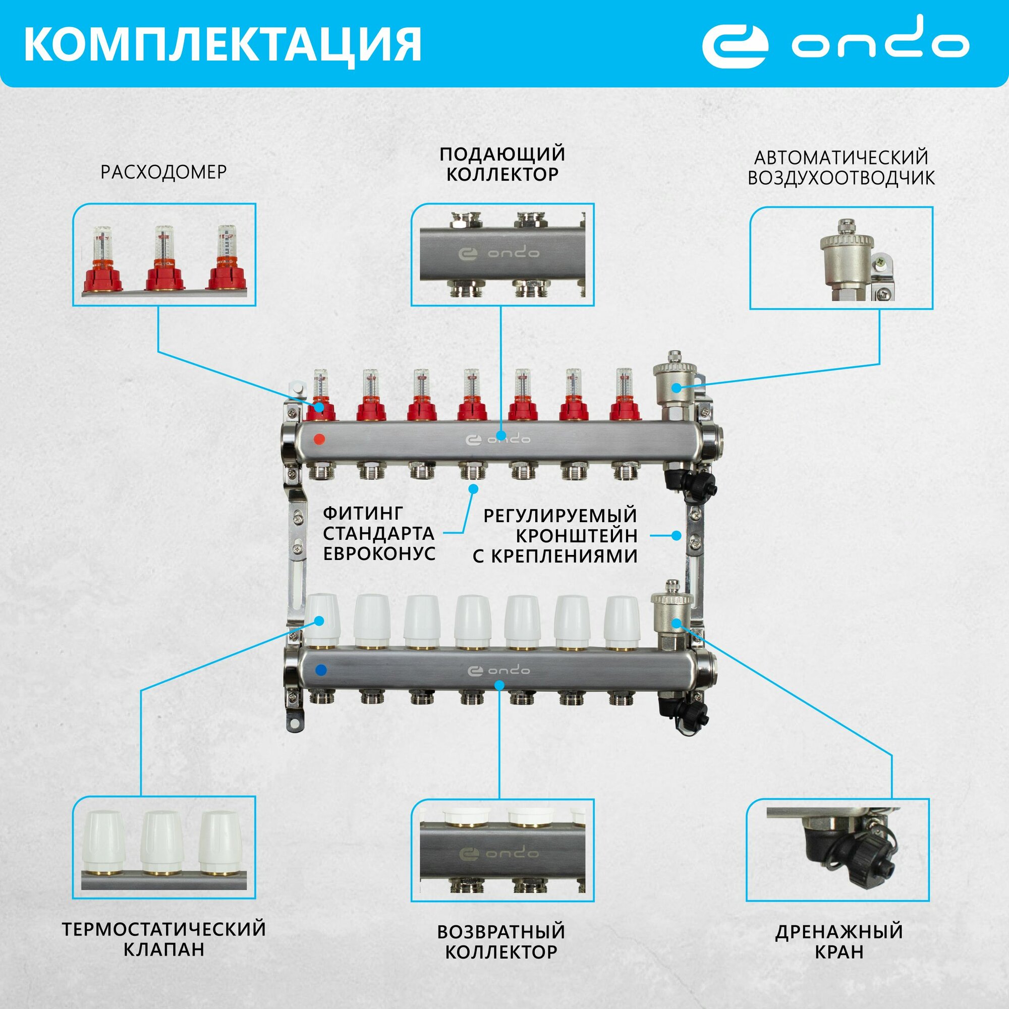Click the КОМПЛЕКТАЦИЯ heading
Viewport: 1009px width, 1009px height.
click(222, 45)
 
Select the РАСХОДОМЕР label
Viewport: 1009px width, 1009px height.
click(163, 172)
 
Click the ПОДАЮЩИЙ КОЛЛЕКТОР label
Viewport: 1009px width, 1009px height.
click(502, 164)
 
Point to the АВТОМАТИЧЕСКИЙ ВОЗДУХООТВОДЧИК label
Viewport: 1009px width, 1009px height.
click(841, 167)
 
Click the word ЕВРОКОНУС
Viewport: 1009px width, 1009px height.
click(379, 553)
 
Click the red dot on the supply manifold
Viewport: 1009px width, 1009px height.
click(319, 439)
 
